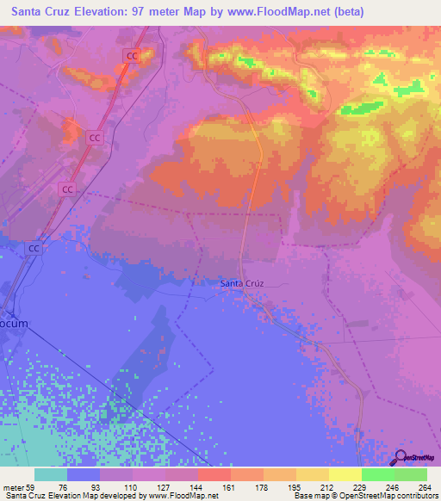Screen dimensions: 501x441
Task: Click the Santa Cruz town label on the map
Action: click(241, 283)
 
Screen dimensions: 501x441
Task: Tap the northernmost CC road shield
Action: click(132, 56)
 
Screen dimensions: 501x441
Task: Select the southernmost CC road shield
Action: click(34, 248)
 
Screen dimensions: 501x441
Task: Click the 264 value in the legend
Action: click(425, 487)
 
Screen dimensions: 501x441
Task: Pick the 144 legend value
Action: click(196, 487)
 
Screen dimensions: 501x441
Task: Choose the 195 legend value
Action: click(295, 487)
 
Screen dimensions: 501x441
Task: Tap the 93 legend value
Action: click(99, 487)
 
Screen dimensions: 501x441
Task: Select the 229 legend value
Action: click(360, 487)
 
